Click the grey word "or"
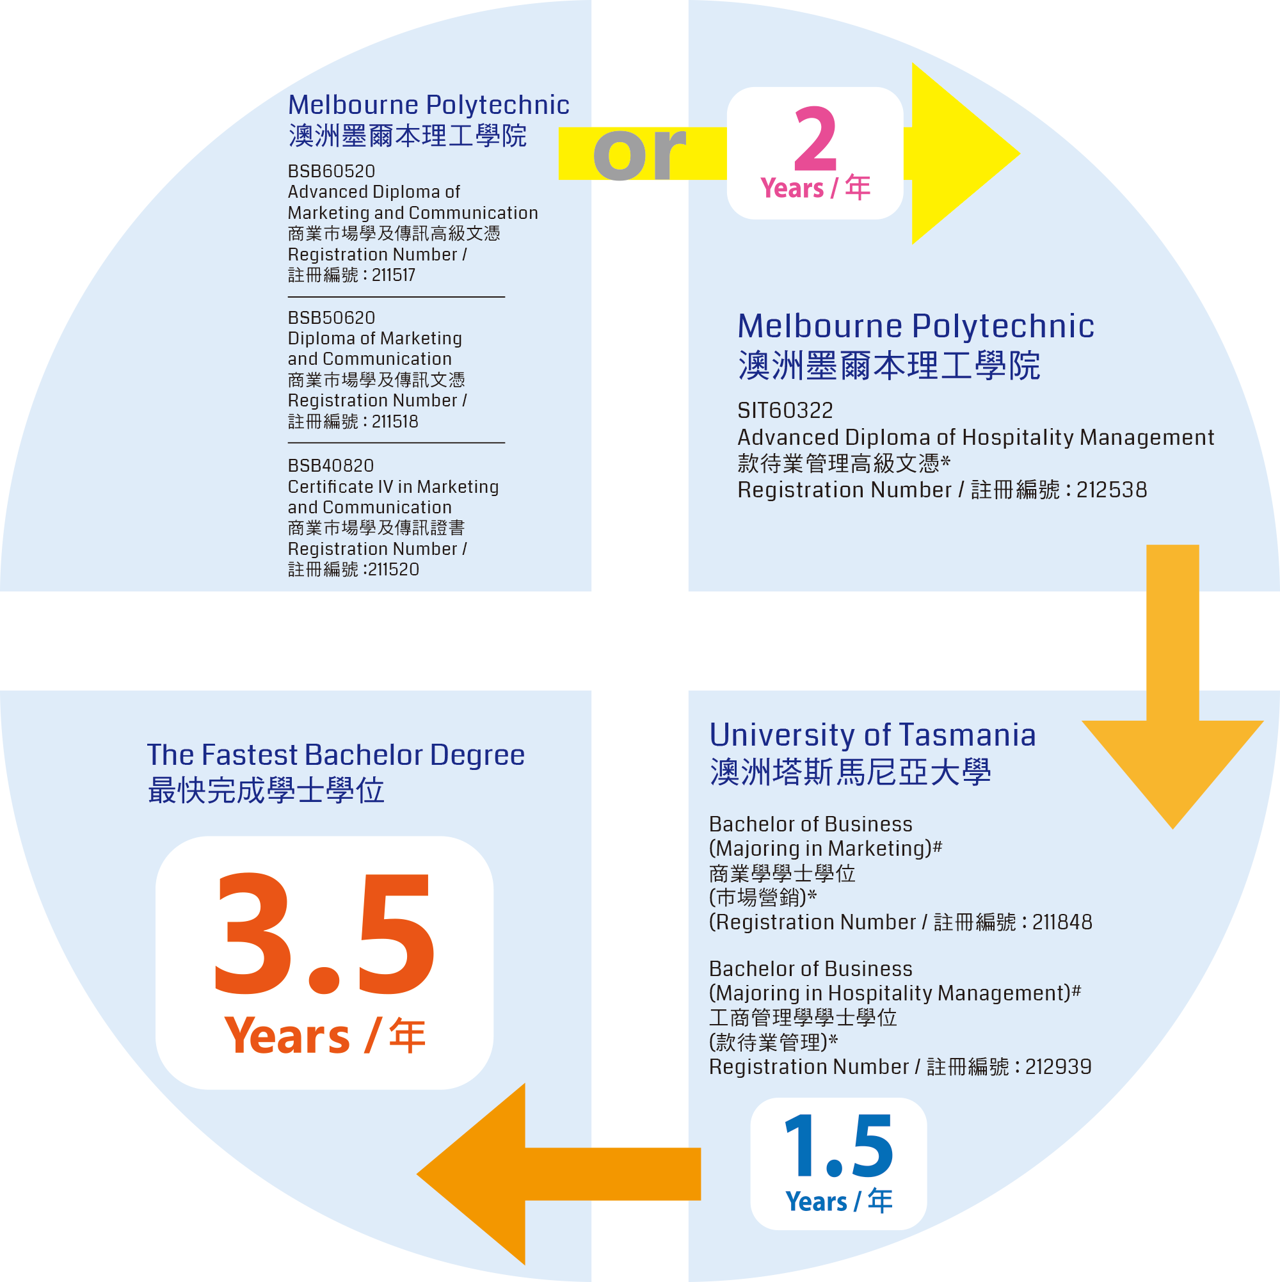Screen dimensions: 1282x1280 tap(638, 154)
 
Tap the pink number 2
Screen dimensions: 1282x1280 tap(815, 140)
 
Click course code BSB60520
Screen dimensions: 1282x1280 tap(331, 171)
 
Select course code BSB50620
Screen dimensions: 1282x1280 tap(331, 318)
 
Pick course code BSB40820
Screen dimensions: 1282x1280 tap(330, 466)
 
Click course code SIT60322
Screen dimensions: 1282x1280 tap(785, 411)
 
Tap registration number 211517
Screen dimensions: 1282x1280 tap(394, 275)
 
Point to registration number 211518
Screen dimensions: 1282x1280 tap(395, 422)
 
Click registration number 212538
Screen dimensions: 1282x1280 tap(1112, 490)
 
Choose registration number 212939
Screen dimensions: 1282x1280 tap(1059, 1067)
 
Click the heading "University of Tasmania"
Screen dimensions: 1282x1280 tap(872, 735)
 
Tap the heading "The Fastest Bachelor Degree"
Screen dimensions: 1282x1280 tap(336, 755)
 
